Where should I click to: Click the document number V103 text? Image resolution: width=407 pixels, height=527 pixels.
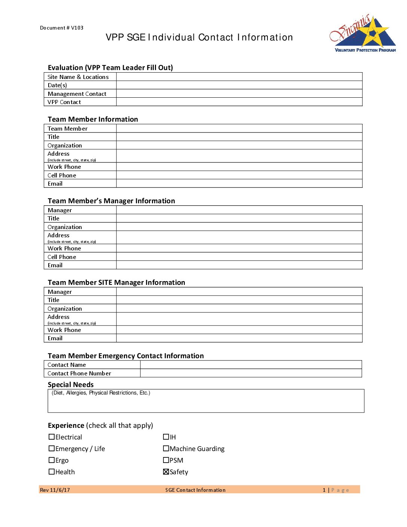pyautogui.click(x=62, y=28)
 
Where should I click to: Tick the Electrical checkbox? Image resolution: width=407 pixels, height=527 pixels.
pyautogui.click(x=52, y=437)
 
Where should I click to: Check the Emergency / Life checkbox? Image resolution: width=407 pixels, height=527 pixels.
pyautogui.click(x=52, y=448)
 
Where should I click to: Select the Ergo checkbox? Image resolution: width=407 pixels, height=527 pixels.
pyautogui.click(x=52, y=460)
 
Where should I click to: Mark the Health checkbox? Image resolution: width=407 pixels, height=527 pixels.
pyautogui.click(x=52, y=472)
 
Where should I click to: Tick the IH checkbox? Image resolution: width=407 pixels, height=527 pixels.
pyautogui.click(x=166, y=437)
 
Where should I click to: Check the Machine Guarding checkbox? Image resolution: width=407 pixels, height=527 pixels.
pyautogui.click(x=166, y=448)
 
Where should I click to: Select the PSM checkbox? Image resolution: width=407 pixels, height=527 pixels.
pyautogui.click(x=166, y=460)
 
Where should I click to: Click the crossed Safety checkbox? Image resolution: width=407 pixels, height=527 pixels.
pyautogui.click(x=166, y=472)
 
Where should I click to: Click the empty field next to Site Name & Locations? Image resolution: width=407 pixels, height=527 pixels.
pyautogui.click(x=239, y=77)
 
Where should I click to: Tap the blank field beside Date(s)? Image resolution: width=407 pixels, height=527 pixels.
pyautogui.click(x=239, y=85)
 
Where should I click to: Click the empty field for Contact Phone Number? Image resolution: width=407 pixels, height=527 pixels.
pyautogui.click(x=251, y=373)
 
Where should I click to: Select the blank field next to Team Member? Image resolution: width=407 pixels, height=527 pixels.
pyautogui.click(x=239, y=128)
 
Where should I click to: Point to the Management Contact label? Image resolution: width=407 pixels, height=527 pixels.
pyautogui.click(x=77, y=94)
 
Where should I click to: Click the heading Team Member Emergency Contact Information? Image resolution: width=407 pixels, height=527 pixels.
pyautogui.click(x=126, y=356)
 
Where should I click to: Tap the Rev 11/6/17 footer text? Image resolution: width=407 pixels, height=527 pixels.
pyautogui.click(x=55, y=490)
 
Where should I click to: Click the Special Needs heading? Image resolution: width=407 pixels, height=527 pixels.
pyautogui.click(x=71, y=384)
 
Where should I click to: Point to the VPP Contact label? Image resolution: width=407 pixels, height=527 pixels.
pyautogui.click(x=64, y=102)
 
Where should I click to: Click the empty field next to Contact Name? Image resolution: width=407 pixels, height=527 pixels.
pyautogui.click(x=251, y=365)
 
